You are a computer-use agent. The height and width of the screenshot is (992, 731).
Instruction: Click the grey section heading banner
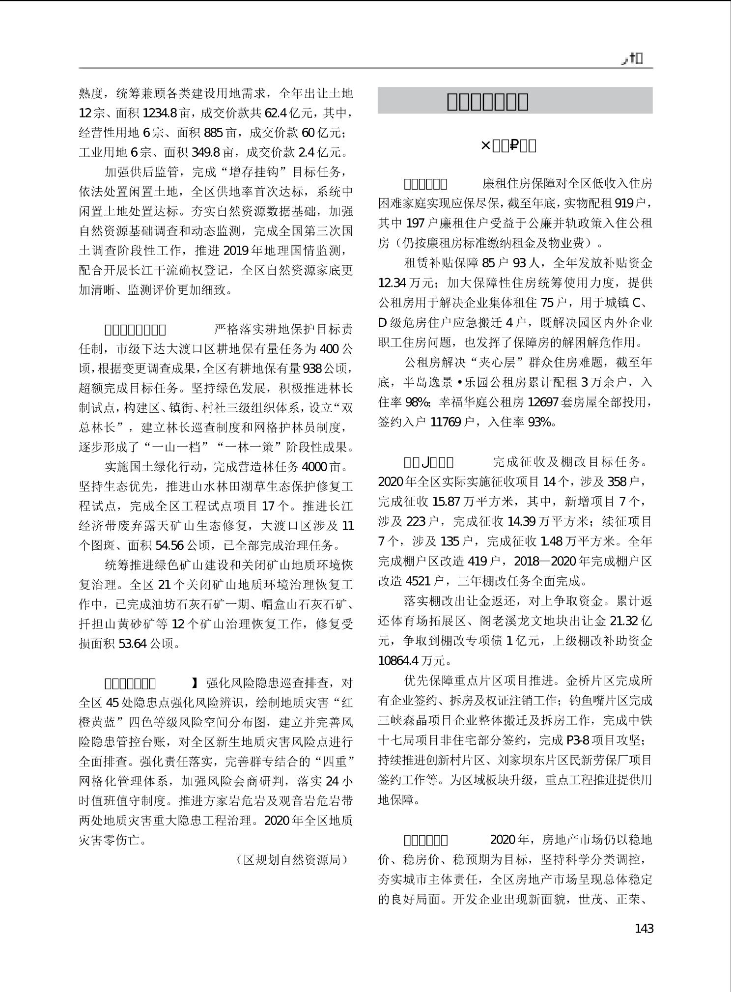coord(515,101)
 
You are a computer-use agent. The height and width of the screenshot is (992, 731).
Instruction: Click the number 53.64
coord(133,643)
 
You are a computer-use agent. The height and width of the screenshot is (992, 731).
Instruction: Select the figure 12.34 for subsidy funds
coord(392,283)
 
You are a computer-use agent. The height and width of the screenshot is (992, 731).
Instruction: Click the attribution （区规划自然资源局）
coord(292,859)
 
